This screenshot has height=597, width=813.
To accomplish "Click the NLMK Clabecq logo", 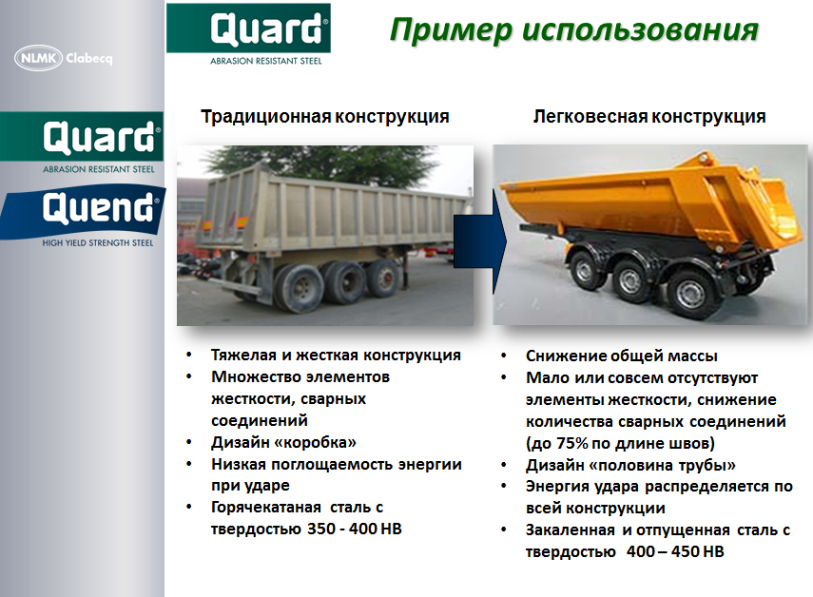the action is click(x=64, y=58).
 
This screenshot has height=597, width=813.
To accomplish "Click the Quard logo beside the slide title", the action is click(x=248, y=35).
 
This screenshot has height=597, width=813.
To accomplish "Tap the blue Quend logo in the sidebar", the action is click(x=83, y=217).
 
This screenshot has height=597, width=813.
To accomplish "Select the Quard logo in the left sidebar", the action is click(x=82, y=143).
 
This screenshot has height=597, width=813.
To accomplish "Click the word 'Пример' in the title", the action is click(x=451, y=30).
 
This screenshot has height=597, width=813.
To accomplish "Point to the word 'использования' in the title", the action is click(x=640, y=29).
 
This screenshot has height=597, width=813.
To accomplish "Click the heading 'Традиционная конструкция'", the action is click(x=325, y=117).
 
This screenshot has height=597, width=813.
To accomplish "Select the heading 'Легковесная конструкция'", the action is click(x=649, y=117).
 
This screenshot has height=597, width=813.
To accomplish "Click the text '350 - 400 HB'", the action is click(x=354, y=530).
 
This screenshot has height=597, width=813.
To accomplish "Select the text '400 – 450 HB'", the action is click(x=674, y=551).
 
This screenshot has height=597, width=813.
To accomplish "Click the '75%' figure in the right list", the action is click(x=571, y=443).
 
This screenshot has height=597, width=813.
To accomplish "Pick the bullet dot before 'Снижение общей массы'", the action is click(x=503, y=356).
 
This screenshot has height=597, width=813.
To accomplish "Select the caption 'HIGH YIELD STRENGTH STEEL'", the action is click(x=98, y=242).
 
